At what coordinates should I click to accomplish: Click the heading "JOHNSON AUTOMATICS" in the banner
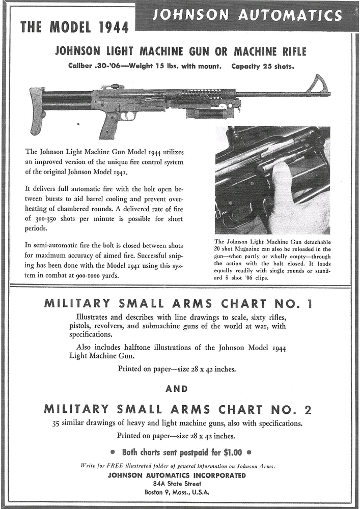coord(247,16)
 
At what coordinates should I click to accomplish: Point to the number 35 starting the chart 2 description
coord(58,423)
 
